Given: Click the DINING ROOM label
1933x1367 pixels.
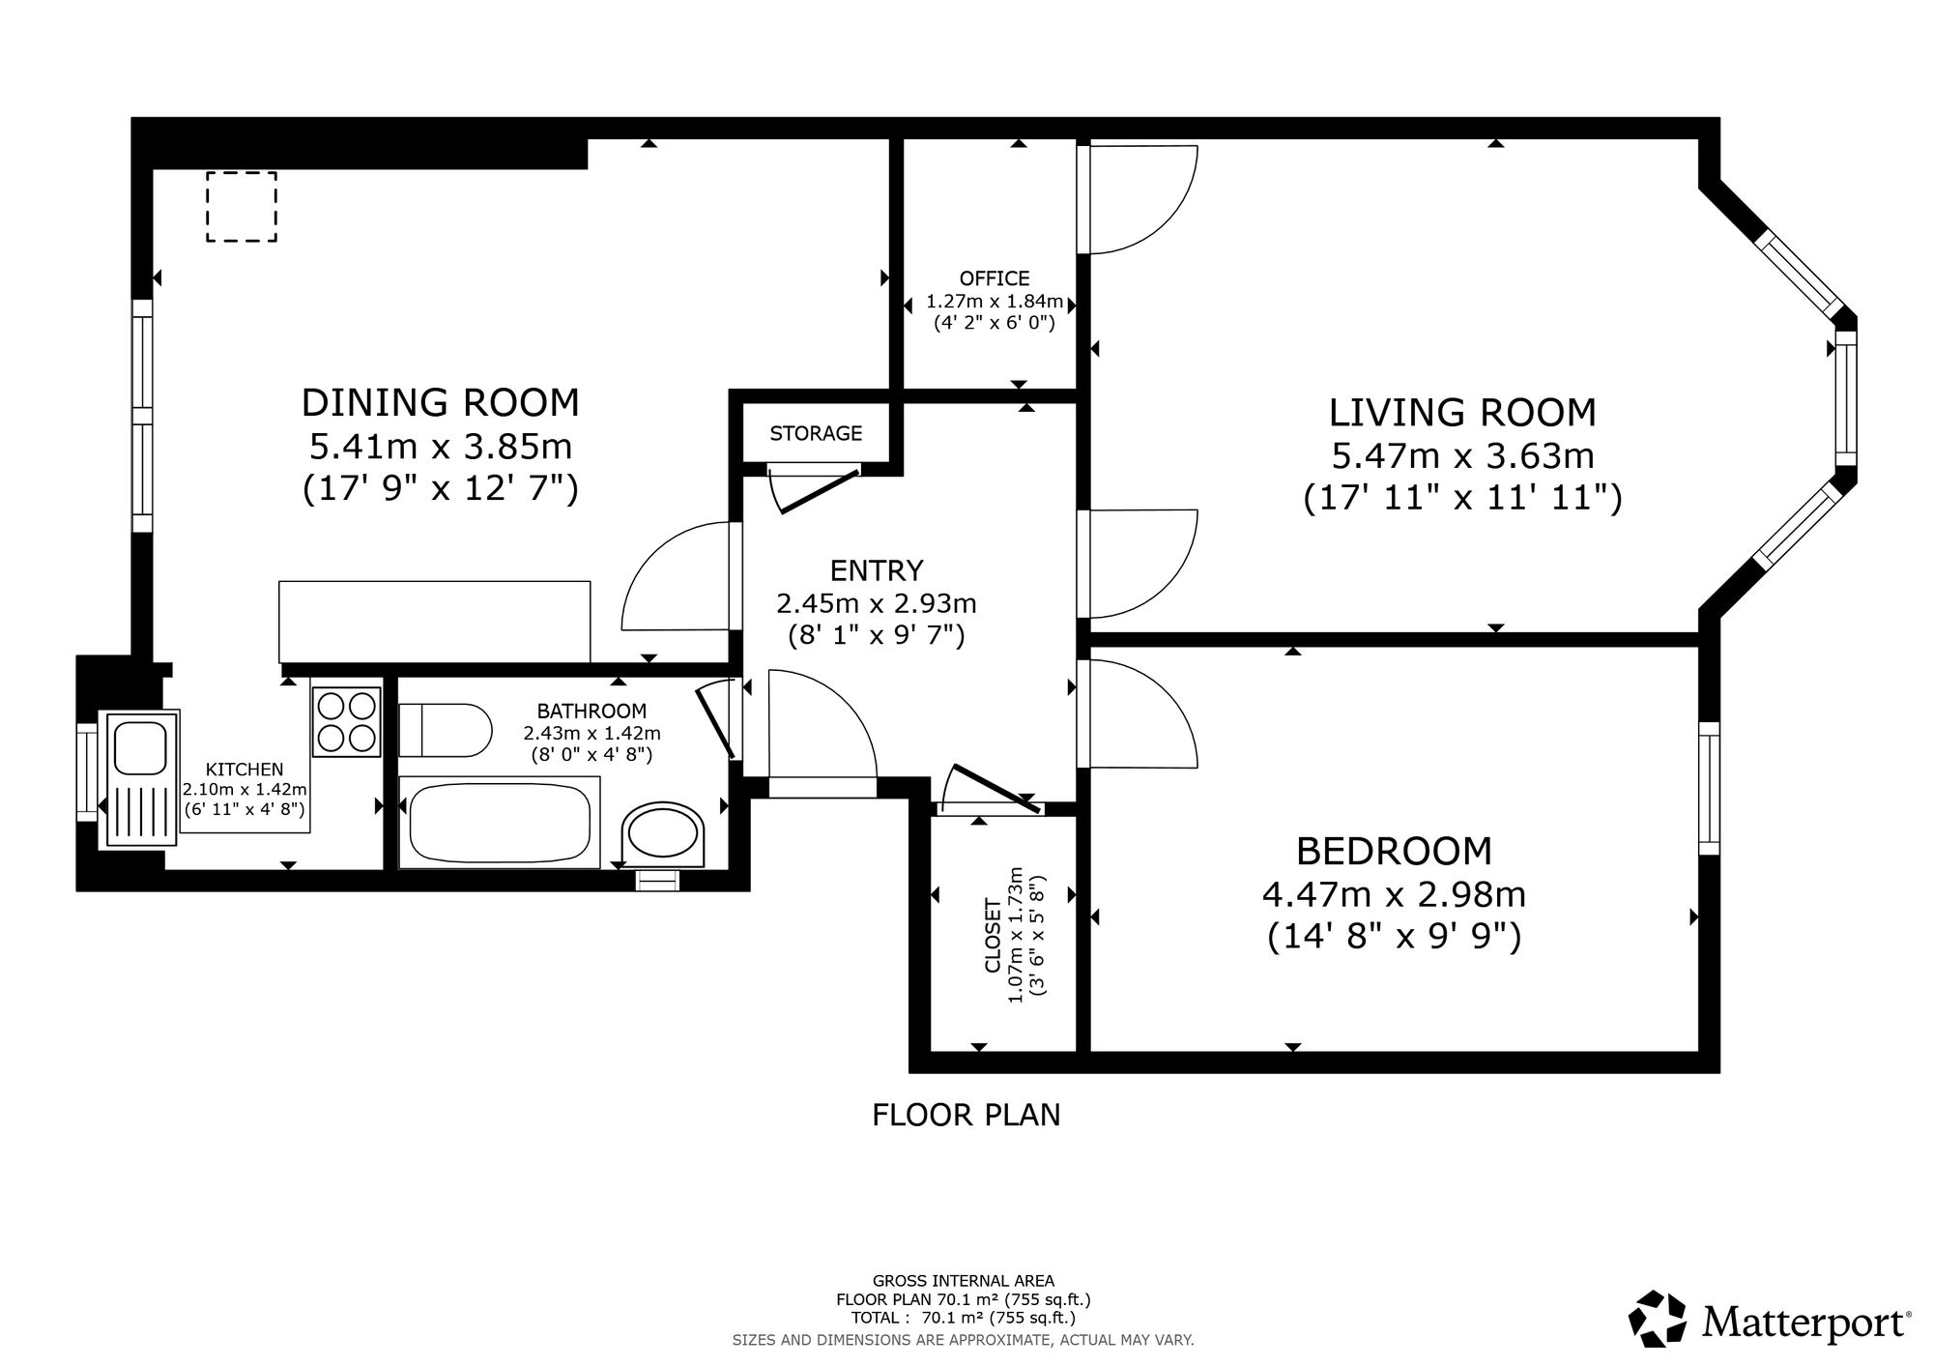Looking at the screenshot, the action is (441, 402).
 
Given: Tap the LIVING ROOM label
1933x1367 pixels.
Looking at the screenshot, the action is (1462, 413).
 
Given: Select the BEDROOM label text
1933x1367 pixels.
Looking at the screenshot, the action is (1394, 851).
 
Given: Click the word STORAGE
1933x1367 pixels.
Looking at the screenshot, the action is (816, 433).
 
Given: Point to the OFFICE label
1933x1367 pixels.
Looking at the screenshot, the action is (995, 278).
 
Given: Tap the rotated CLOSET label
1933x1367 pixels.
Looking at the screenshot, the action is (993, 936).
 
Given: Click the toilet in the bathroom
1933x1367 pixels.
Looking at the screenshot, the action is (446, 731).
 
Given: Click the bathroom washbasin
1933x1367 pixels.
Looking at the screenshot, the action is (663, 832).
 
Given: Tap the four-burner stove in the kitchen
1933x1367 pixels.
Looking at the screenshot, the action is (346, 721).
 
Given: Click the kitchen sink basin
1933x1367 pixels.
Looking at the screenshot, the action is (141, 746).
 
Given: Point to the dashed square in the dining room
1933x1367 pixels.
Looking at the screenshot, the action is (242, 207).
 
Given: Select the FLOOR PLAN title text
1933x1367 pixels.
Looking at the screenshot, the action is (966, 1115).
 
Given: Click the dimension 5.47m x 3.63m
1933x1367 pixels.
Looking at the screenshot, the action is (1462, 455).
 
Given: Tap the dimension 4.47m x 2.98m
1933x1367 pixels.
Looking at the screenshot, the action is (1394, 894).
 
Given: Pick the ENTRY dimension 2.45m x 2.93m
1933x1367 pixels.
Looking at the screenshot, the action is (877, 604).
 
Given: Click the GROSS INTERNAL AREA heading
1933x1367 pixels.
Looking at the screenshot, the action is (964, 1281).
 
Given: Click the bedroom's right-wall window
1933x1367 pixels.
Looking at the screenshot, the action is (1710, 788).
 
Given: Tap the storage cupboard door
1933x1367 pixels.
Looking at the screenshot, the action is (820, 490).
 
